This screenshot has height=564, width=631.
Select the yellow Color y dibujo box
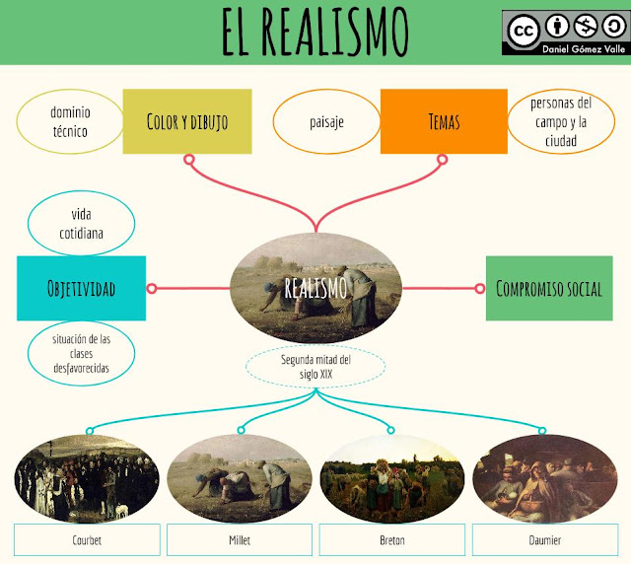186,121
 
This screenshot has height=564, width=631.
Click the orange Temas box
444,121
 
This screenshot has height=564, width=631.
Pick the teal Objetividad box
81,288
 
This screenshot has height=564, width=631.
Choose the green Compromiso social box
549,288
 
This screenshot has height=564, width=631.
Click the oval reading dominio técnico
69,121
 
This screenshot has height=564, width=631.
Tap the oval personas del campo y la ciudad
560,122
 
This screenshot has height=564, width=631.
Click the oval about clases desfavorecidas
82,352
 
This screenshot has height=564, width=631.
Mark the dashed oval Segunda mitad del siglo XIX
315,367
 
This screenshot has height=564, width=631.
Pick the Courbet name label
87,540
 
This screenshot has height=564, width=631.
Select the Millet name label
240,540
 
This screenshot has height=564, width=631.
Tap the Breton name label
391,540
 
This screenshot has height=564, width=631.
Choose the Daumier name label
544,540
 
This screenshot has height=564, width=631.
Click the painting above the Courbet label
87,478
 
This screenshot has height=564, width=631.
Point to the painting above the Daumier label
544,478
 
